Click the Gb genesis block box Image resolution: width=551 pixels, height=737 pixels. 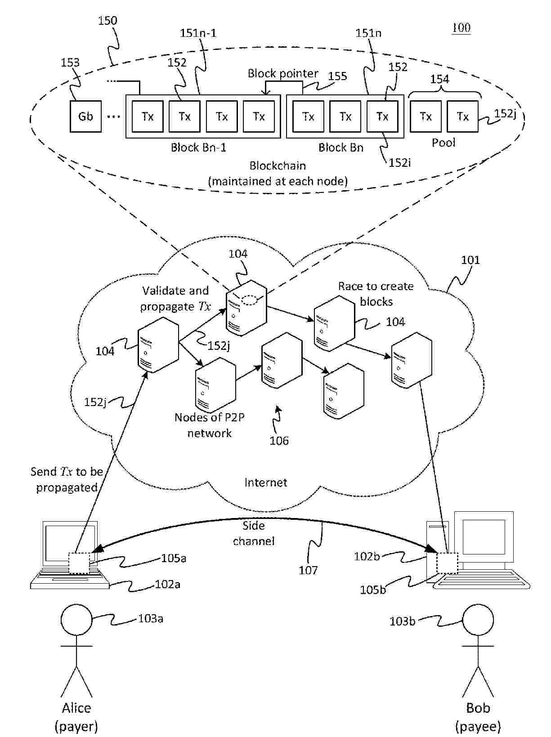[x=85, y=116]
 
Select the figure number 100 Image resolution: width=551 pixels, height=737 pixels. [x=461, y=28]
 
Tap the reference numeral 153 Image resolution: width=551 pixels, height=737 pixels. [x=70, y=63]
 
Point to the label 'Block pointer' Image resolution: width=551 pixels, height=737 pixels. [x=283, y=73]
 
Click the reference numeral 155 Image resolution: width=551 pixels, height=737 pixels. [x=337, y=76]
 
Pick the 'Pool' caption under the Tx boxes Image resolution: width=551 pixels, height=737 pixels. [x=443, y=143]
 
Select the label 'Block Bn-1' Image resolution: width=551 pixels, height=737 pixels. [x=198, y=147]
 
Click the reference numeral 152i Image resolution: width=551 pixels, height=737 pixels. [x=400, y=163]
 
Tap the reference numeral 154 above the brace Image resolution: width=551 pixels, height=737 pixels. [x=439, y=79]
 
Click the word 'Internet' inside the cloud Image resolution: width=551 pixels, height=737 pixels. [x=265, y=482]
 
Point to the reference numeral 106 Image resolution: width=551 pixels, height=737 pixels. [x=279, y=441]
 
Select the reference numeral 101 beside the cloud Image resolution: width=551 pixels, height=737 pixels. [x=470, y=260]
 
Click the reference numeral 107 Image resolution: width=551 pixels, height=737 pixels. [x=308, y=570]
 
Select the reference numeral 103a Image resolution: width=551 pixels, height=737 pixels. [x=150, y=619]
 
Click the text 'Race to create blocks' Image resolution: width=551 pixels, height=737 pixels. [x=376, y=294]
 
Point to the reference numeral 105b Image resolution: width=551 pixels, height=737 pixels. [x=373, y=590]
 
